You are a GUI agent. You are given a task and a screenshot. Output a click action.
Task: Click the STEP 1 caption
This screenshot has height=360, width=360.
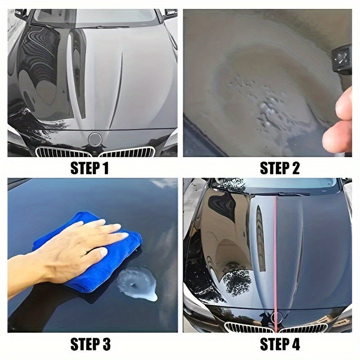(x=90, y=169)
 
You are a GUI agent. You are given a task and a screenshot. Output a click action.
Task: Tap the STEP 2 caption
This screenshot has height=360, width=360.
(x=279, y=169)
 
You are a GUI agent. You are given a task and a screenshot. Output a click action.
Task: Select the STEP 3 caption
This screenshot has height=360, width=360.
(x=90, y=345)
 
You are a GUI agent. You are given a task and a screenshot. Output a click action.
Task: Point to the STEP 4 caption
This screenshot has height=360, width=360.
(x=279, y=345)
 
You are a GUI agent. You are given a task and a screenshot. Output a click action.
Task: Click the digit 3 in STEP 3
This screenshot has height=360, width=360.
(x=106, y=345)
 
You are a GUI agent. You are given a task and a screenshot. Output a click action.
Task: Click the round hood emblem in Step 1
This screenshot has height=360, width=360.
(x=95, y=139)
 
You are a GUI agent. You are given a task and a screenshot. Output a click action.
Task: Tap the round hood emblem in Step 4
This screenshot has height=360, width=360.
(x=276, y=318)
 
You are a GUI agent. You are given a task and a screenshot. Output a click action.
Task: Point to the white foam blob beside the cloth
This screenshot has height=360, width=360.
(x=137, y=283)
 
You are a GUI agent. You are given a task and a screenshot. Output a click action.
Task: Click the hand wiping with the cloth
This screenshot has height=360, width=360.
(x=67, y=252)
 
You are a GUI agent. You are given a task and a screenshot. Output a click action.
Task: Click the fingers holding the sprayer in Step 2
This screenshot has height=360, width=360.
(x=338, y=121)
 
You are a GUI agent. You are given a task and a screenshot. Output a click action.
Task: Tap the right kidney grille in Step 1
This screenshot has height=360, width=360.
(x=128, y=152)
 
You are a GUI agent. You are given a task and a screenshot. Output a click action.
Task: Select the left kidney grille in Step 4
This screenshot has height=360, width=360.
(x=245, y=327)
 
